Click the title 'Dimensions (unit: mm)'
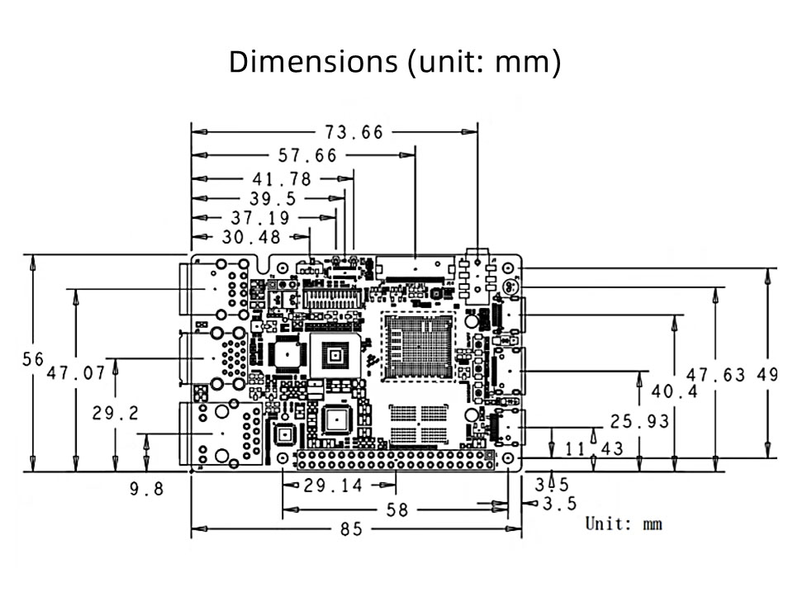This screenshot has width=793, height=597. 395,62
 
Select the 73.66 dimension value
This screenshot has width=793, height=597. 352,132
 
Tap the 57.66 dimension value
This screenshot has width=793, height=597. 306,155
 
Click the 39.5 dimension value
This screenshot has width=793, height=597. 272,199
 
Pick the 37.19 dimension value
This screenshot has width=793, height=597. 260,218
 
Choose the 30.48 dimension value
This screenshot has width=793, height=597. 251,238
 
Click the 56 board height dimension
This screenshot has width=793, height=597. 33,359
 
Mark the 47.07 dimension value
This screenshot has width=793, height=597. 76,373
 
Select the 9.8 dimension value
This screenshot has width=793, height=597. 146,489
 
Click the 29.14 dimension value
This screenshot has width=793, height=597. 332,486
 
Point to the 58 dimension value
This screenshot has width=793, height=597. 397,510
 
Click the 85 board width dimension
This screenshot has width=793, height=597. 351,529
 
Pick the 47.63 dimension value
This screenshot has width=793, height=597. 715,375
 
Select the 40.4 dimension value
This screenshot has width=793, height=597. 674,391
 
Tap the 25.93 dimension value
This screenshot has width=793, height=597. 639,422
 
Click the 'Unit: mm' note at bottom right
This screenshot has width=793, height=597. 624,524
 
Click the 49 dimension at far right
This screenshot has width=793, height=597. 767,375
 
